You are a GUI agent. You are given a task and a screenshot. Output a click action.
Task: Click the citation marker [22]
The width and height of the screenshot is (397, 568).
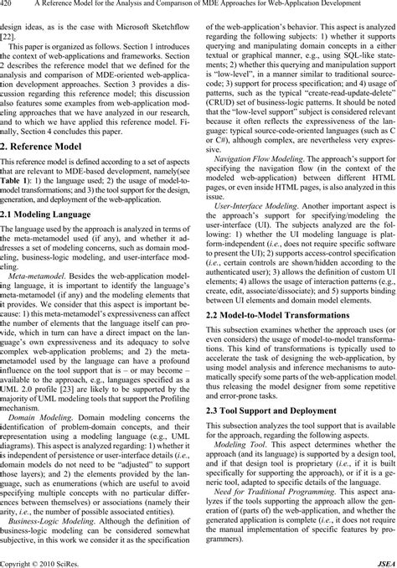click(8, 38)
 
